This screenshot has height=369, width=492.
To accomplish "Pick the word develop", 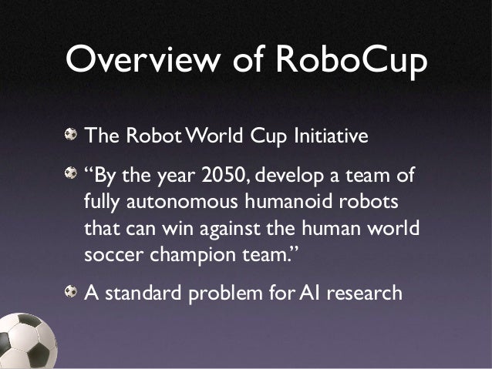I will (300, 177).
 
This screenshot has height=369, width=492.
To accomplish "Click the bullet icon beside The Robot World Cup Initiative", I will (71, 135).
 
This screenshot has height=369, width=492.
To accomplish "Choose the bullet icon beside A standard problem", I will (71, 291).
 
